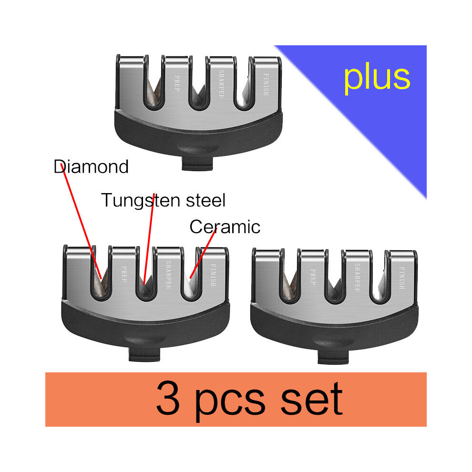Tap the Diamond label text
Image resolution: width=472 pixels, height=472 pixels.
(x=91, y=167)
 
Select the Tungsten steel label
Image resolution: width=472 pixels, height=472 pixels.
(x=163, y=201)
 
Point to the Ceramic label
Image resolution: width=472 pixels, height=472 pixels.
(x=225, y=226)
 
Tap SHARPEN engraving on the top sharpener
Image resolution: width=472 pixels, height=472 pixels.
(x=221, y=84)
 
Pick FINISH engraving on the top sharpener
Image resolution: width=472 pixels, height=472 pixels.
(x=266, y=84)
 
